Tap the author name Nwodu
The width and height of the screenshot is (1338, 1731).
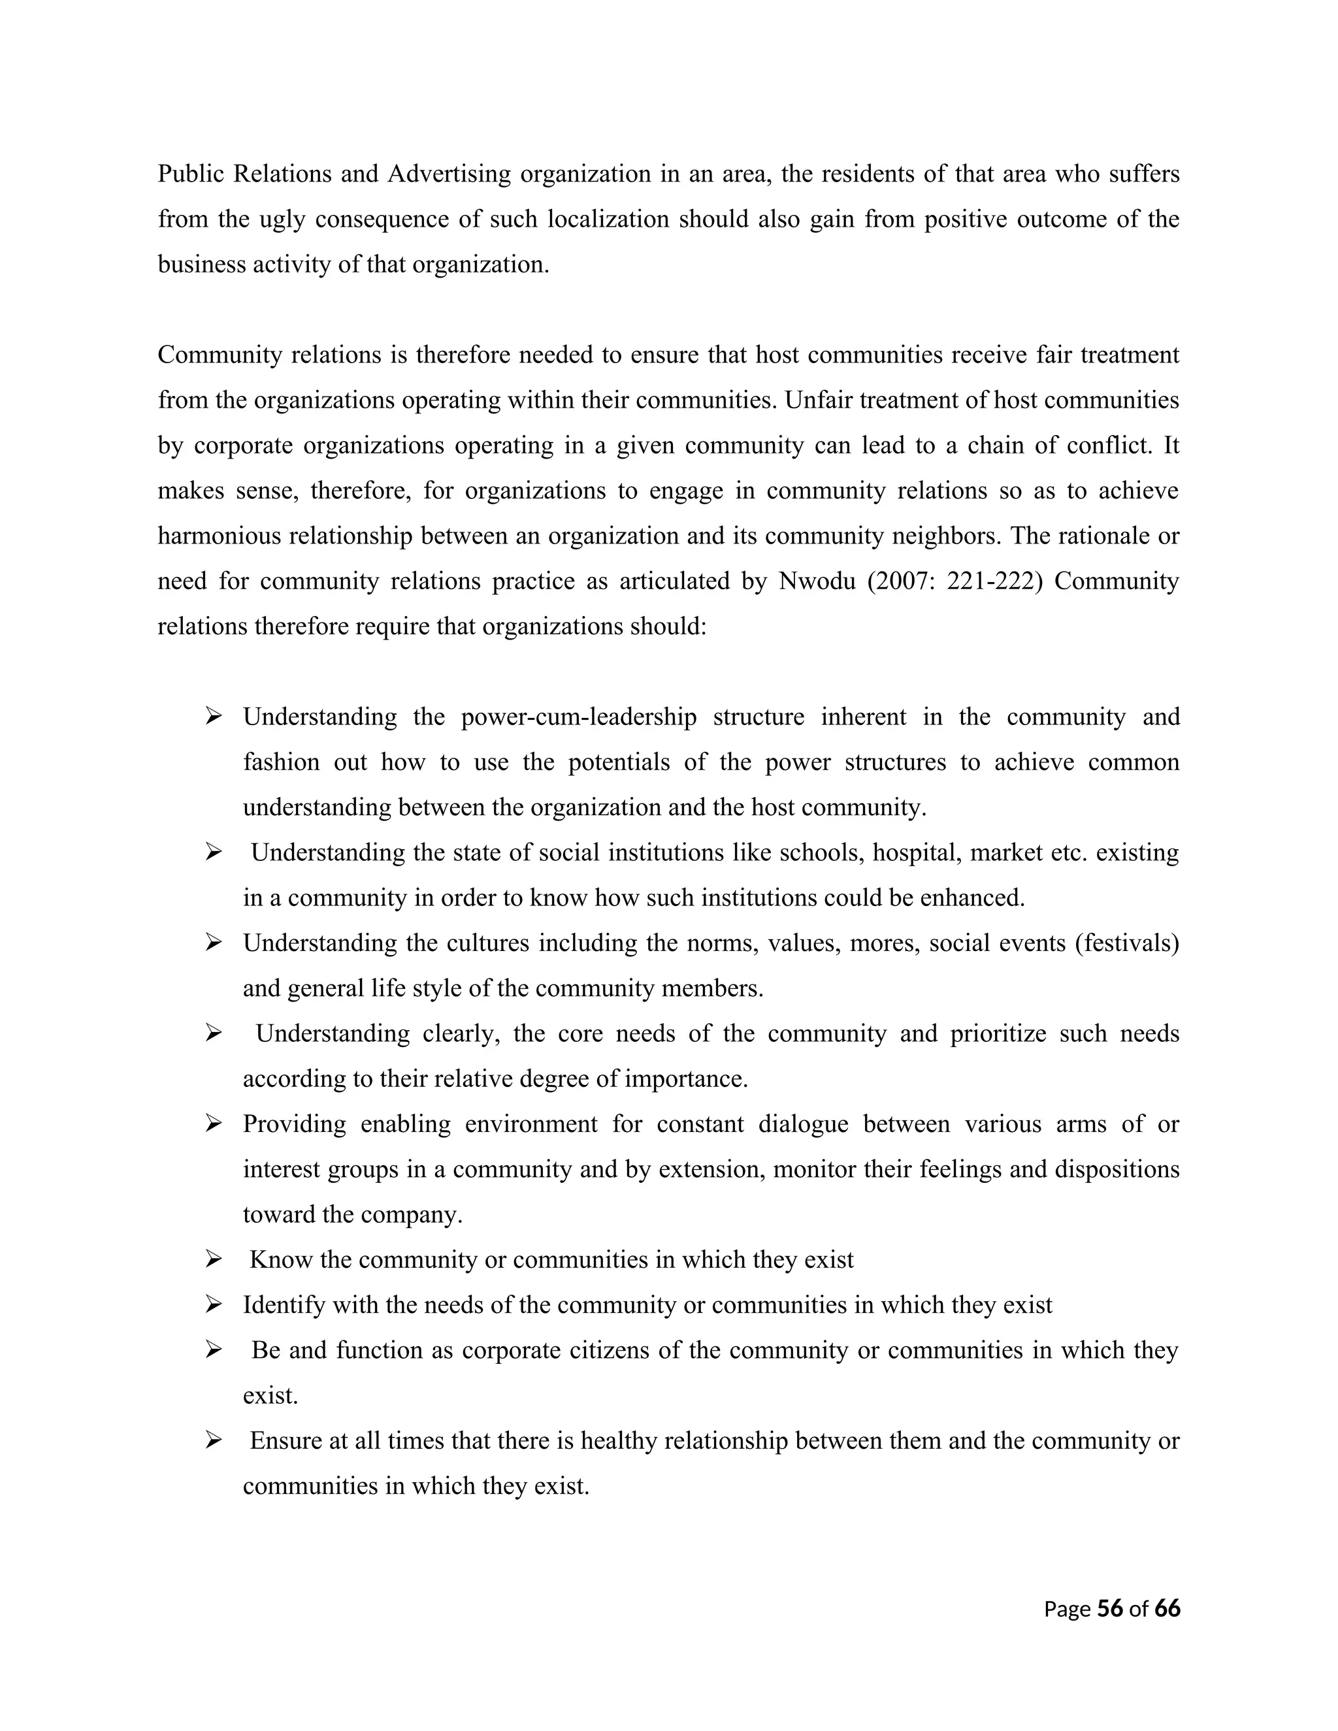coord(817,582)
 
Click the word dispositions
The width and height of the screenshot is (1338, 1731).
coord(1117,1170)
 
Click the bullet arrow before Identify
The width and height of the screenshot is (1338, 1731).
coord(212,1304)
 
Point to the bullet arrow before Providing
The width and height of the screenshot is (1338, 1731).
coord(212,1124)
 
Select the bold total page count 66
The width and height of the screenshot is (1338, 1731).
coord(1167,1608)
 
